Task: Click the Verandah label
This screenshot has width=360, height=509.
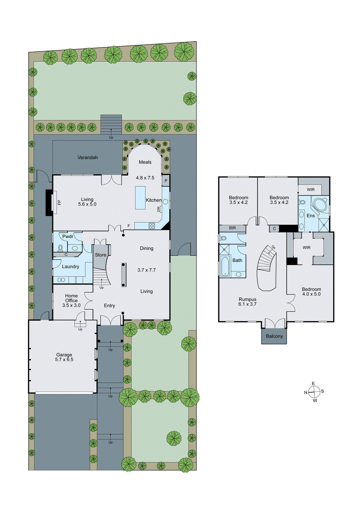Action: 88,157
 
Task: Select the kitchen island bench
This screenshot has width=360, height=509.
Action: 140,198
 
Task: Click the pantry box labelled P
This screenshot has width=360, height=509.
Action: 166,181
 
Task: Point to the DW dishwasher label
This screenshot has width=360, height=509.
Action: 159,209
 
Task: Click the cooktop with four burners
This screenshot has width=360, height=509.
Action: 152,226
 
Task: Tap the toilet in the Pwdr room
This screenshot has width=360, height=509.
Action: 60,248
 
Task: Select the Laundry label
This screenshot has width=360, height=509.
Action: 70,267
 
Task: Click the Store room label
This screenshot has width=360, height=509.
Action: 101,255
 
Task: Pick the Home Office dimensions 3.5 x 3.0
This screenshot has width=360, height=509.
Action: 71,305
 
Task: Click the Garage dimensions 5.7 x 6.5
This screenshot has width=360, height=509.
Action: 64,359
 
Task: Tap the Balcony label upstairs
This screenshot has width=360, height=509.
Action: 274,336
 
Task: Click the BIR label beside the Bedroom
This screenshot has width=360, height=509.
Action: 232,228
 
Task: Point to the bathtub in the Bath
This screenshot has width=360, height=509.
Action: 225,266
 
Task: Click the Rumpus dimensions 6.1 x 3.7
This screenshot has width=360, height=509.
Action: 247,304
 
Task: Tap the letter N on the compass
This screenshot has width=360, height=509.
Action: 306,393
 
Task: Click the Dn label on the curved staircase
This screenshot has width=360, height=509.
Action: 273,247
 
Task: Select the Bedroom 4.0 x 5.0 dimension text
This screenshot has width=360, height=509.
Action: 311,294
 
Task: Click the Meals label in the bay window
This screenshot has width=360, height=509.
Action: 145,162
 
